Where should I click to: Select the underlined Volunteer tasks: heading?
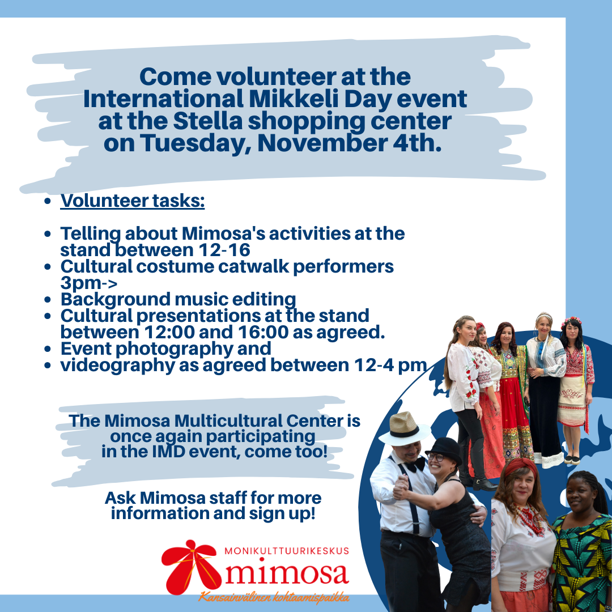[x=132, y=201]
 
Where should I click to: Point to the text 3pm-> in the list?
[x=88, y=283]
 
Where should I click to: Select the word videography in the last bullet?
[x=117, y=365]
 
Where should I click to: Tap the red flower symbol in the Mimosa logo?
[x=190, y=567]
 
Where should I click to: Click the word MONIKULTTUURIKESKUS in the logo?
[x=287, y=551]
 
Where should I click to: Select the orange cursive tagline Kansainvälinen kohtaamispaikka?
[x=274, y=597]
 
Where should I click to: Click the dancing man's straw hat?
[x=405, y=428]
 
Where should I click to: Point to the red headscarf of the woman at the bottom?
[x=521, y=466]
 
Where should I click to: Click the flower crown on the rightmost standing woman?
[x=571, y=322]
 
